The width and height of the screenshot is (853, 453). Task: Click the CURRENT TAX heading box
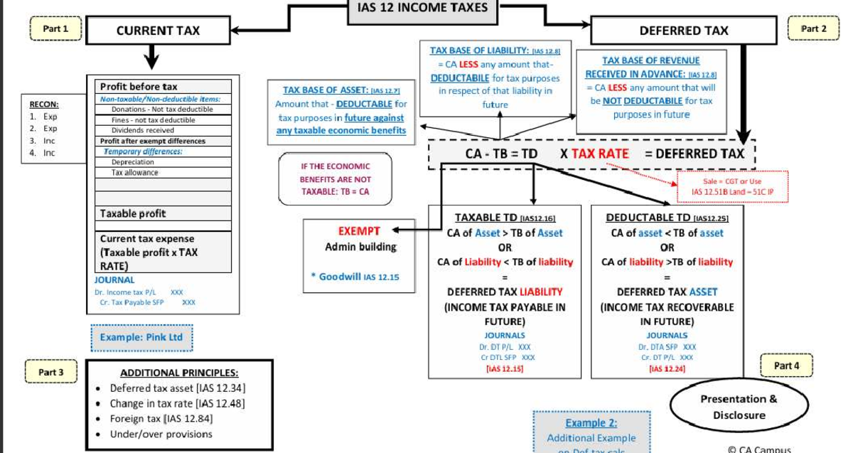click(158, 30)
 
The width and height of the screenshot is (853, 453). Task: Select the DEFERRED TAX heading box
click(683, 30)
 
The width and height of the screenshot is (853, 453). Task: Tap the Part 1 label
click(55, 29)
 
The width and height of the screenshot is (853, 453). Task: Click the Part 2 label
click(813, 29)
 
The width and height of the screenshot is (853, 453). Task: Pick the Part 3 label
click(51, 372)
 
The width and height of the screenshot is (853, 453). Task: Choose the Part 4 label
click(786, 366)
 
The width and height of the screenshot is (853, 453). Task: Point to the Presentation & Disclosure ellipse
click(739, 407)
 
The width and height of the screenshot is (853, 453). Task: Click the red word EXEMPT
click(360, 231)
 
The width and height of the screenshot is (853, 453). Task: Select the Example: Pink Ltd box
click(141, 337)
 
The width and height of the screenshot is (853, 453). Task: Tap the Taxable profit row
click(133, 213)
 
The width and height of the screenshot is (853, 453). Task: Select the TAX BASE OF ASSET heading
click(341, 90)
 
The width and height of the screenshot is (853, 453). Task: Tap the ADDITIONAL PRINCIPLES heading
click(179, 373)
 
